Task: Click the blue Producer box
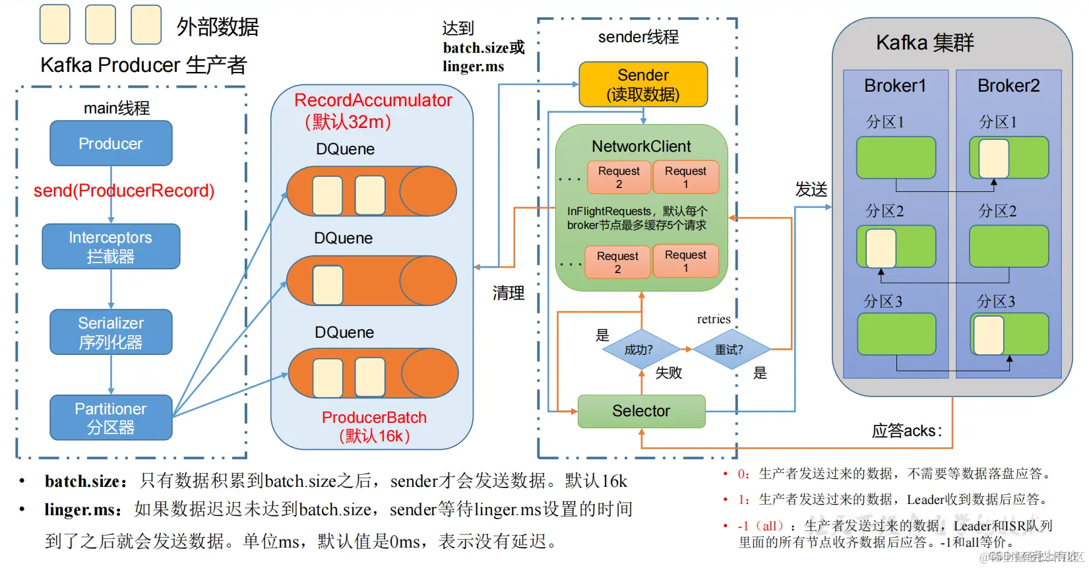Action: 111,143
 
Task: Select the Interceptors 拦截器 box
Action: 111,246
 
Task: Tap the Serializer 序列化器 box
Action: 111,332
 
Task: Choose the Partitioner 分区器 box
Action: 111,418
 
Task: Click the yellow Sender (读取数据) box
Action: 642,84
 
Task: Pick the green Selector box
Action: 641,411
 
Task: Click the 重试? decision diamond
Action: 730,350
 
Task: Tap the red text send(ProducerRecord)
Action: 124,191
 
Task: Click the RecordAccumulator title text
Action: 373,100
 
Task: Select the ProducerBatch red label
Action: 374,418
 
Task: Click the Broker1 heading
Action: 895,86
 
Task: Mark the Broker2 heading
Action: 1008,86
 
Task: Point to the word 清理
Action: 508,293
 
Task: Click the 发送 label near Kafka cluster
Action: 811,190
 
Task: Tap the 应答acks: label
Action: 906,431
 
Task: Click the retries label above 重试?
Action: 714,319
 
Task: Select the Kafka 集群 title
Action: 925,43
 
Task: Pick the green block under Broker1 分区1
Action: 896,158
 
